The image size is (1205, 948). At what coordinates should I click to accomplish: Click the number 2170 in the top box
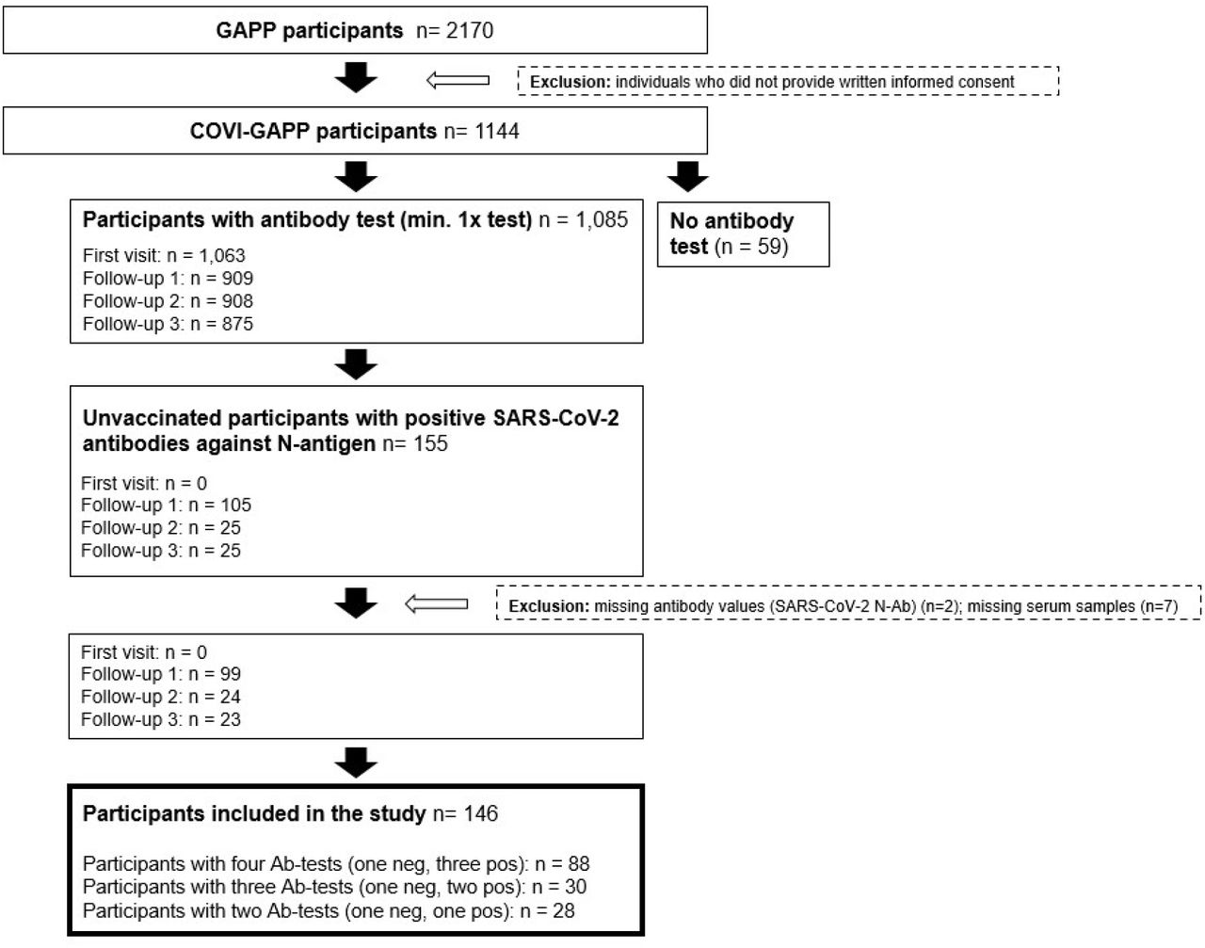[x=469, y=30]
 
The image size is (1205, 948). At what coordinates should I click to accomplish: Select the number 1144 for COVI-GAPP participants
[x=497, y=131]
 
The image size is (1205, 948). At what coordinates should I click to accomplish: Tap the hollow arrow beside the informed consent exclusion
[x=458, y=81]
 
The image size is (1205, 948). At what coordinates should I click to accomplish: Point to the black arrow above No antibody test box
[x=687, y=176]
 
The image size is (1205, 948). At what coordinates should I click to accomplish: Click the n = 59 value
[x=751, y=247]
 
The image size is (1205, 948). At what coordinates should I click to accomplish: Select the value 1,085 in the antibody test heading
[x=602, y=219]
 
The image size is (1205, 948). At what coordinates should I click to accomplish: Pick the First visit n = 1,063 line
[x=164, y=255]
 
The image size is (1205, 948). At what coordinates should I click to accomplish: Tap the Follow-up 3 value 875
[x=237, y=324]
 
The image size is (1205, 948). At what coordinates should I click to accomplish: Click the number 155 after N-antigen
[x=430, y=443]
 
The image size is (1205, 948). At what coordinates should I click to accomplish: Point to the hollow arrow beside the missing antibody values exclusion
[x=436, y=603]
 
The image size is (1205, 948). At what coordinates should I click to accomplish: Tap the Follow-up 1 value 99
[x=230, y=674]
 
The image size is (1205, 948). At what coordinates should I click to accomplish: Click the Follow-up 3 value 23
[x=230, y=719]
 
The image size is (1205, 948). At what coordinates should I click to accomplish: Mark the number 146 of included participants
[x=481, y=813]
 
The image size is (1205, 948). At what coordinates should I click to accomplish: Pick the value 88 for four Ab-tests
[x=579, y=864]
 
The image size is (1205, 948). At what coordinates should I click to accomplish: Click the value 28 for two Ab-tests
[x=564, y=911]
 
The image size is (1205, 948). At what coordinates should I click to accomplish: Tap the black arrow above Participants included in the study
[x=356, y=763]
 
